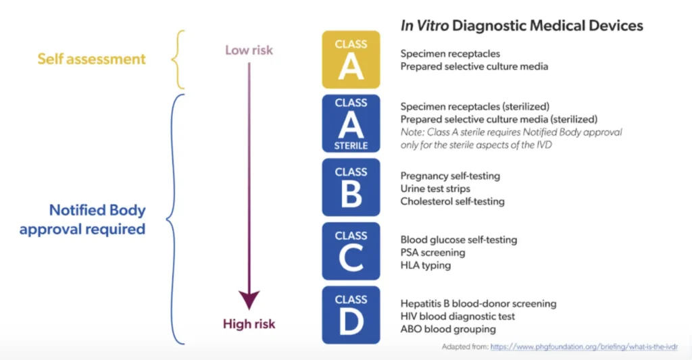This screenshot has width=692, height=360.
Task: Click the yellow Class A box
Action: click(x=351, y=59)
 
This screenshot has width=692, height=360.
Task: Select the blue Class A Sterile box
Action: click(x=351, y=123)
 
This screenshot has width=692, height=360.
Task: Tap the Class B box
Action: click(x=351, y=187)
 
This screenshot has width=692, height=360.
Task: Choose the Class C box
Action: click(x=351, y=251)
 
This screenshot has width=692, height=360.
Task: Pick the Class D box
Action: click(x=351, y=314)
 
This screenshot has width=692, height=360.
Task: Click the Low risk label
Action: click(x=249, y=50)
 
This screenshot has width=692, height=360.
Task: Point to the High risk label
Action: click(x=249, y=324)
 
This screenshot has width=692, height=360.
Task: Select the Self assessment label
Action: click(x=91, y=59)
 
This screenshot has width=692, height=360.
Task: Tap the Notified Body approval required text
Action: click(x=82, y=220)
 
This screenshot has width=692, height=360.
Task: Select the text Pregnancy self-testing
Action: click(x=450, y=176)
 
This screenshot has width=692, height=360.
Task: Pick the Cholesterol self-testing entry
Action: click(x=452, y=201)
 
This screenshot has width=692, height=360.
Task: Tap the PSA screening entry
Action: click(x=432, y=253)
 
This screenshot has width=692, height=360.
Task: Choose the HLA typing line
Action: click(x=425, y=265)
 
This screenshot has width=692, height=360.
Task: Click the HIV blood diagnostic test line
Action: click(x=458, y=316)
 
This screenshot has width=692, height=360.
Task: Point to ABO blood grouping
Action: click(x=448, y=329)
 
